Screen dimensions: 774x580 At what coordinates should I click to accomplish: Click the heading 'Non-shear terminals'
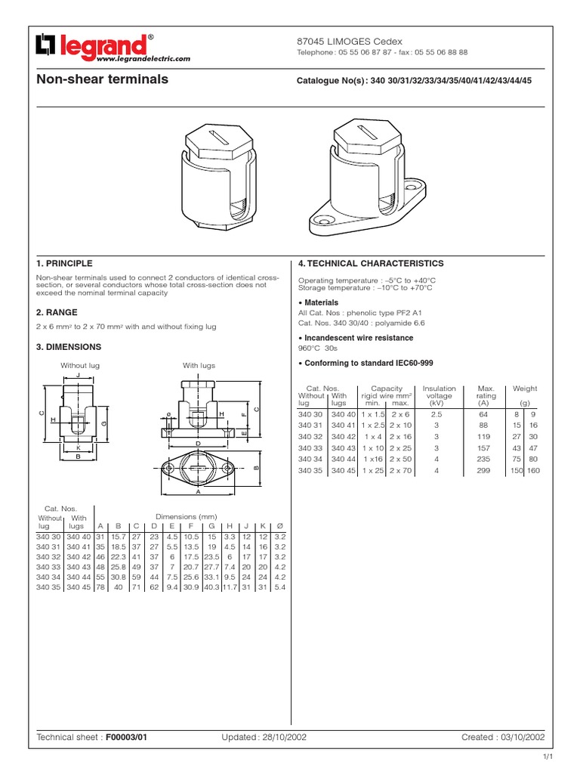[102, 79]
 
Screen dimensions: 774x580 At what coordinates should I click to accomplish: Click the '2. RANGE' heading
[57, 312]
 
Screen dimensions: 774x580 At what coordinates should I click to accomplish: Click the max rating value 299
[483, 470]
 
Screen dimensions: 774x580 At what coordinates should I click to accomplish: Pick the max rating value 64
[484, 414]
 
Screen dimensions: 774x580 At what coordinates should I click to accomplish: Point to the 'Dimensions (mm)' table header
[186, 516]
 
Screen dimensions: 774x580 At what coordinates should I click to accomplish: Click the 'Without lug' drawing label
[80, 365]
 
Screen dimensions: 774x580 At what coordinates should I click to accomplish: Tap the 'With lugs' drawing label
[199, 365]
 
